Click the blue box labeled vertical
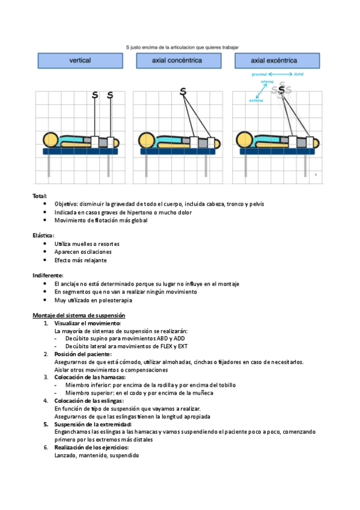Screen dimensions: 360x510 click(x=81, y=61)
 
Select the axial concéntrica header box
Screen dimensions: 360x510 click(x=178, y=61)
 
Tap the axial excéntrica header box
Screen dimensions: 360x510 click(x=277, y=61)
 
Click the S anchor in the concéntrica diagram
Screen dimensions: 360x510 click(x=183, y=92)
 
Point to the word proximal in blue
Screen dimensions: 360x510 click(x=259, y=75)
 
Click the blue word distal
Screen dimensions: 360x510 click(x=299, y=74)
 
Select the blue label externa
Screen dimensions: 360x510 click(x=256, y=100)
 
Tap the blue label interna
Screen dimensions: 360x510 click(x=267, y=82)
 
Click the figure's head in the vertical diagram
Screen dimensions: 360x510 click(x=50, y=140)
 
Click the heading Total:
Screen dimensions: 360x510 click(x=40, y=196)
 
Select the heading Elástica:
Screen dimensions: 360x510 click(x=43, y=235)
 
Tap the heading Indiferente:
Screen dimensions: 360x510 click(x=47, y=275)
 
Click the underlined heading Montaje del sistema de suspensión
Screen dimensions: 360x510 click(x=79, y=315)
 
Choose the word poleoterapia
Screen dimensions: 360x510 click(x=115, y=300)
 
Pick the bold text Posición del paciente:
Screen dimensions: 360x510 click(x=83, y=354)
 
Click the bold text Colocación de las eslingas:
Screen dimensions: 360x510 click(x=89, y=401)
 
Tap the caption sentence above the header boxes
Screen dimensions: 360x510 click(x=182, y=47)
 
